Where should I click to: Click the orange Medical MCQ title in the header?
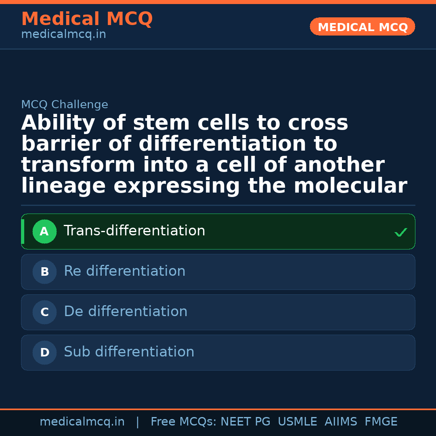[x=87, y=19]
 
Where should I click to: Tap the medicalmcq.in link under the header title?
[x=63, y=35]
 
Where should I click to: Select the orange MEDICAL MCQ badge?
[x=362, y=27]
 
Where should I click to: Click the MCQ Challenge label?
[x=65, y=105]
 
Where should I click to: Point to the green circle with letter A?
[x=44, y=232]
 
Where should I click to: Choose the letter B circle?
[x=44, y=272]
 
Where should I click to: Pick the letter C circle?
[x=44, y=312]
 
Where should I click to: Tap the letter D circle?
[x=44, y=353]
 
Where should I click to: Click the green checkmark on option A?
[x=400, y=233]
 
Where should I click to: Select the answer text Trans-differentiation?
[x=134, y=231]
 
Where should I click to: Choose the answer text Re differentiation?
[x=124, y=271]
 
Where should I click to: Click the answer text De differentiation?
[x=126, y=312]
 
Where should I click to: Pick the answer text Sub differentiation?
[x=129, y=352]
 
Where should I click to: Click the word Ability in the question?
[x=58, y=123]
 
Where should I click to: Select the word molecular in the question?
[x=350, y=186]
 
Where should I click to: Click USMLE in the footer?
[x=297, y=422]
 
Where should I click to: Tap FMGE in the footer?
[x=381, y=422]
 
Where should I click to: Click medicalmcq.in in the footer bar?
[x=82, y=422]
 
